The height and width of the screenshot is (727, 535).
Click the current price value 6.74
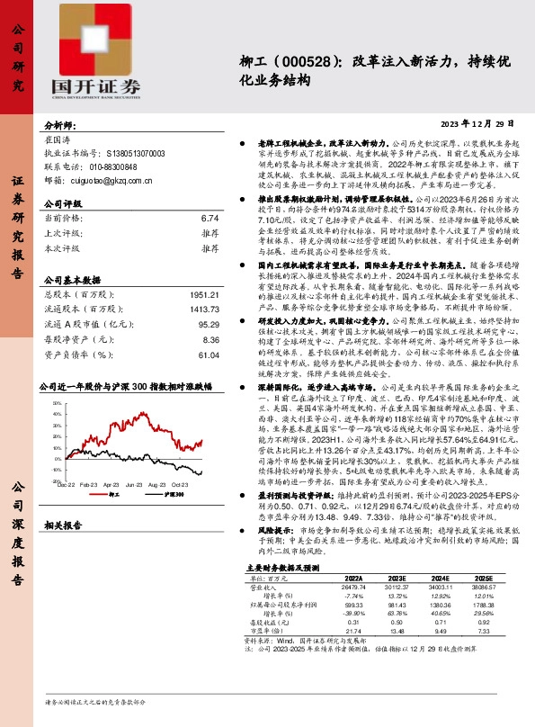210,219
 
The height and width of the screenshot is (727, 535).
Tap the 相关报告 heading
64,525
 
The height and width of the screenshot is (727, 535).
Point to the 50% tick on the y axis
57,404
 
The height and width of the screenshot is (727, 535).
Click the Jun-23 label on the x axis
135,483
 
